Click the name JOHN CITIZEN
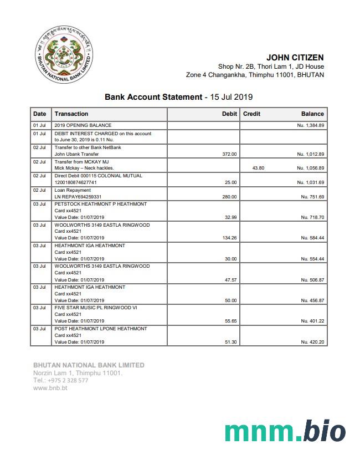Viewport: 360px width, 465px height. tap(295, 58)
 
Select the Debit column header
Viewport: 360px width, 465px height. tap(229, 114)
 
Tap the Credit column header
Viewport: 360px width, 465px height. tap(252, 114)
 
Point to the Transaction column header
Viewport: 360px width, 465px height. tap(71, 114)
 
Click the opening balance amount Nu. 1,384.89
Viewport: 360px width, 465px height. tap(310, 126)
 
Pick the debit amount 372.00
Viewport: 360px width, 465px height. tap(229, 154)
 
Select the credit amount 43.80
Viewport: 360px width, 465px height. tap(258, 168)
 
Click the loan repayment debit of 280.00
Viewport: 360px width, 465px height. tap(229, 197)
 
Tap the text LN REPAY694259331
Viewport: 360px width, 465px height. tap(78, 197)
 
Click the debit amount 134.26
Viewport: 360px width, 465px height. tap(229, 238)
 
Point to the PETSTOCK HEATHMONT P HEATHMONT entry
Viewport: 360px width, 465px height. tap(101, 204)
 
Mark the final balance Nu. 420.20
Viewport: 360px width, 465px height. tap(313, 342)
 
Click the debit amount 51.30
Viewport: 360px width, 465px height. tap(231, 342)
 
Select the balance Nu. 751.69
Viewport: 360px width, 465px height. tap(313, 197)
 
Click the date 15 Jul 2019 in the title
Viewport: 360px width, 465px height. tap(232, 97)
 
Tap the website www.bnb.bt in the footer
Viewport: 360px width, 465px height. tap(50, 388)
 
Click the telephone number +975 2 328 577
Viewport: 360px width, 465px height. tap(68, 381)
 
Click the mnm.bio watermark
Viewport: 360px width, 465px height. tap(285, 432)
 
